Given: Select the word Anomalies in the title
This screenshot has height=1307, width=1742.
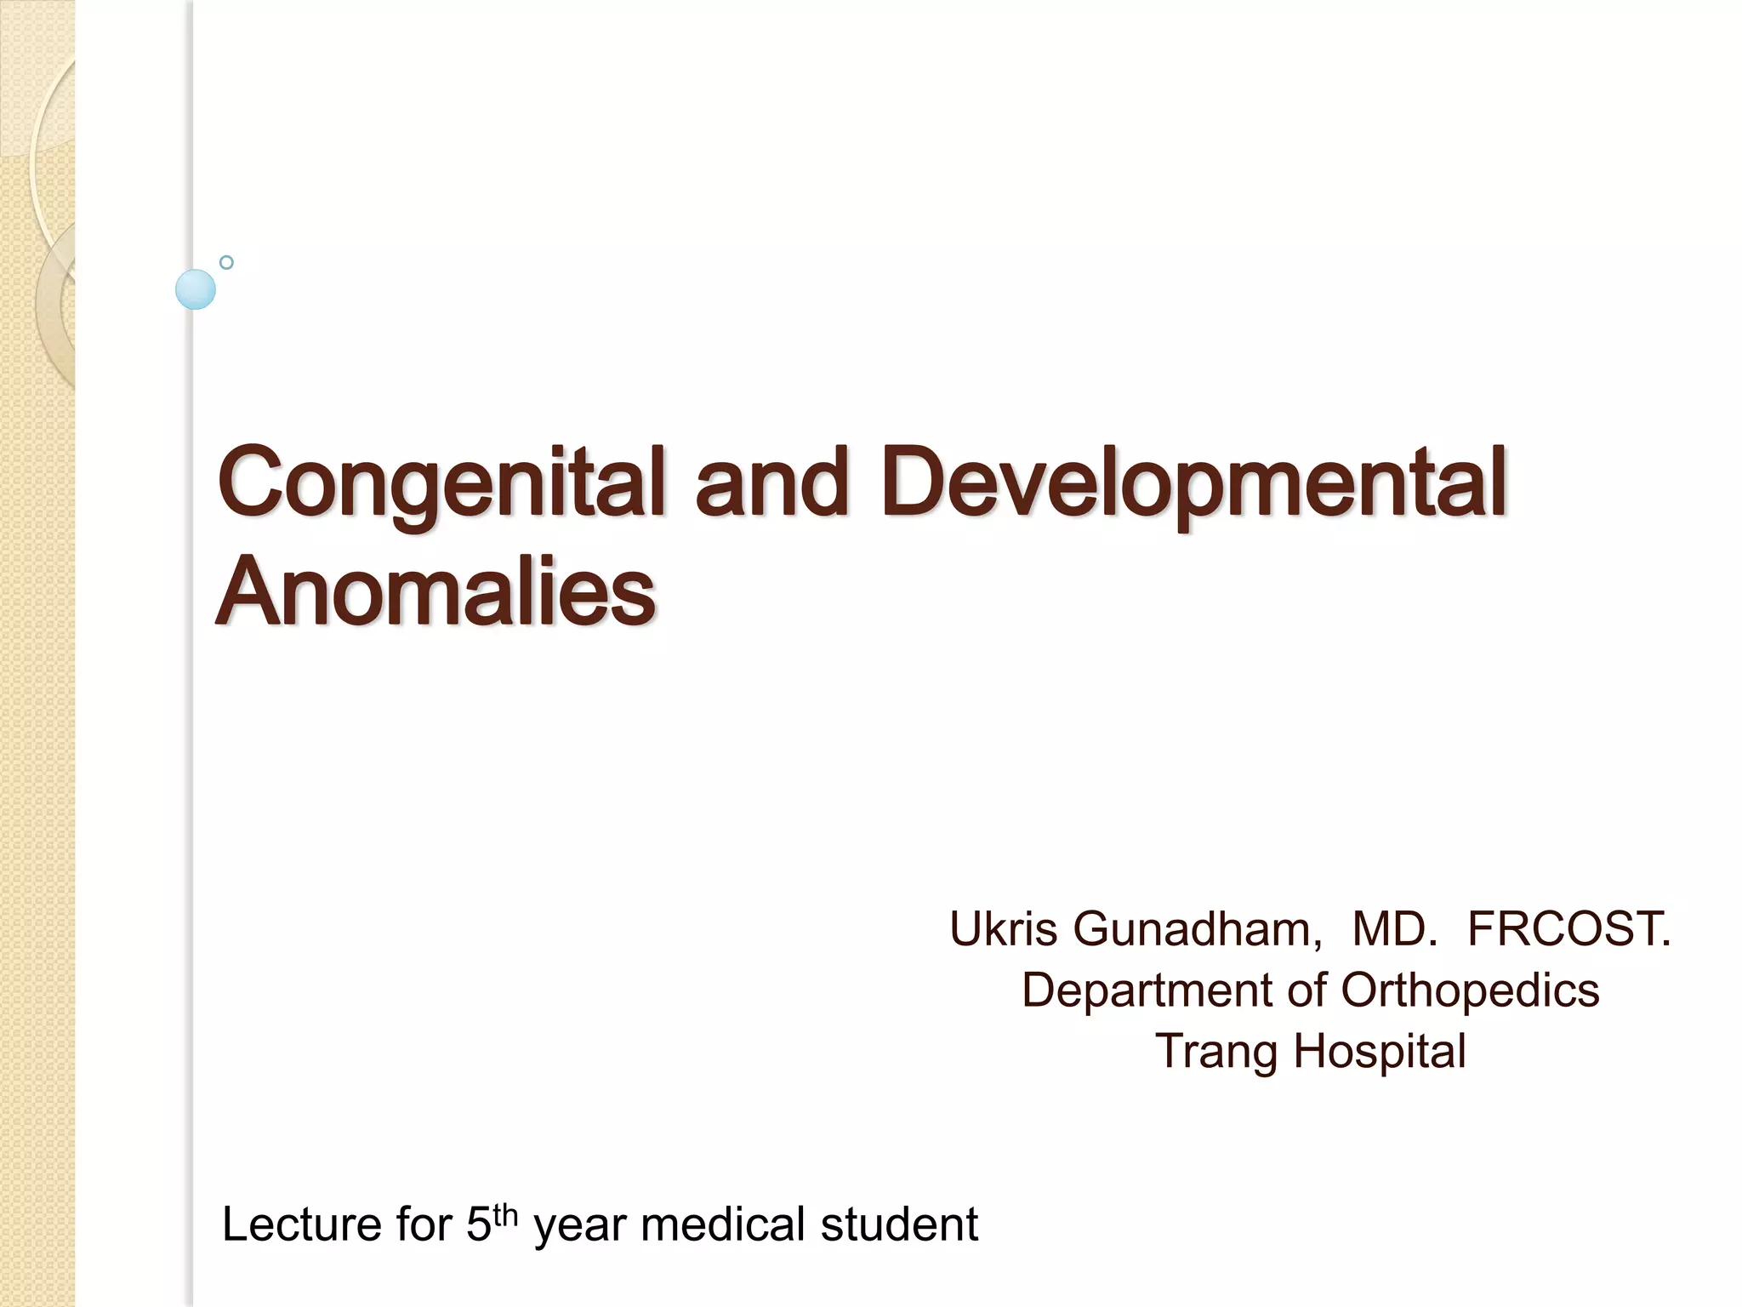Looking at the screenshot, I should [435, 591].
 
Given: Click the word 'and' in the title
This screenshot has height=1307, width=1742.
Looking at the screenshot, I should [772, 483].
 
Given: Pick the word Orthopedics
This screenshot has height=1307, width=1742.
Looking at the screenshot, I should [1470, 990].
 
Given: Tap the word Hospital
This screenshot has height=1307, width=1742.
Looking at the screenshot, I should [1380, 1053].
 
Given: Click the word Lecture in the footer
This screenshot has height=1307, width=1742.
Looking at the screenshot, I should [300, 1225].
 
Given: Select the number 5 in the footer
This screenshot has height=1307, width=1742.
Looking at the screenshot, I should [479, 1225].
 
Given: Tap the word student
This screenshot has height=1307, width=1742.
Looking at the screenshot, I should [899, 1225].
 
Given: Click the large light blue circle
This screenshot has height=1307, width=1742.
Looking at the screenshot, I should [196, 289].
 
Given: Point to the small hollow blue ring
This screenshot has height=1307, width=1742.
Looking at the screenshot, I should [226, 262].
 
